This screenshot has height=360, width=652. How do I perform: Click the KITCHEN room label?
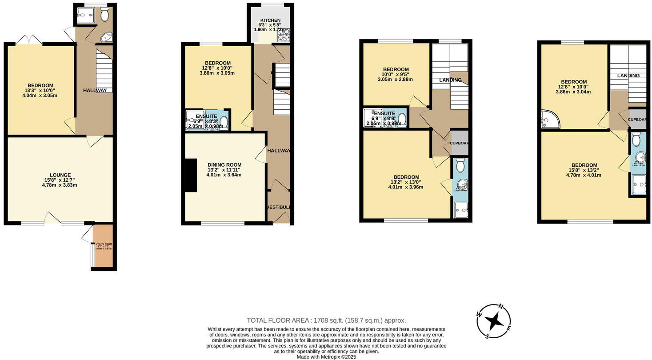[x=270, y=20]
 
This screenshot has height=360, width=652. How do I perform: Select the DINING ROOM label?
[x=224, y=165]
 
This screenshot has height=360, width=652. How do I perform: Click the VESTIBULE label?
[x=279, y=207]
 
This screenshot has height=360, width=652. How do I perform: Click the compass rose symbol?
[x=494, y=321]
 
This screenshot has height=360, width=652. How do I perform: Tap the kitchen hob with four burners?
[x=284, y=35]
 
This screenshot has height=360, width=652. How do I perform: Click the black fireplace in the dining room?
[x=191, y=176]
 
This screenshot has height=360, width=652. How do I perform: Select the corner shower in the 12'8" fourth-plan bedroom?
[x=547, y=119]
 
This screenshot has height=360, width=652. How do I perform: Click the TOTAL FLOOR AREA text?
[x=326, y=320]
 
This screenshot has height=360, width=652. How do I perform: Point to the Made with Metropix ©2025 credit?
[x=326, y=356]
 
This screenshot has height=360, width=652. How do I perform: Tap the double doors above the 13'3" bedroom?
[x=29, y=40]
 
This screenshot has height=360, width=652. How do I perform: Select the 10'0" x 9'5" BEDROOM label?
[x=396, y=69]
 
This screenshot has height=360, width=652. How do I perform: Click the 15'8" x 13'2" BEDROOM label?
[x=584, y=165]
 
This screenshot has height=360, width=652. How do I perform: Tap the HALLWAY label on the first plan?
[x=95, y=91]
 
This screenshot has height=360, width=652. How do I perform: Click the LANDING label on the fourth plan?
[x=628, y=76]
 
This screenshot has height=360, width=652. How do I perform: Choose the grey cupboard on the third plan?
[x=460, y=143]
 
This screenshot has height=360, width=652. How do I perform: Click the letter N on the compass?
[x=501, y=306]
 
